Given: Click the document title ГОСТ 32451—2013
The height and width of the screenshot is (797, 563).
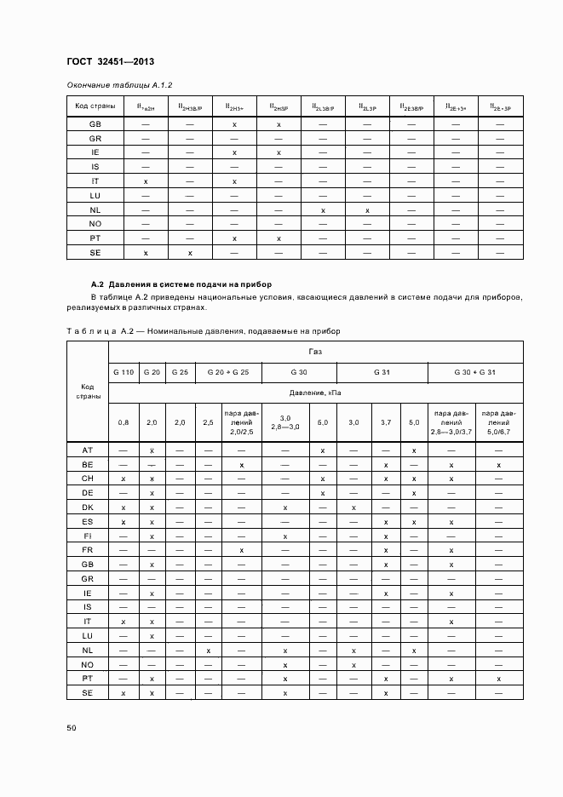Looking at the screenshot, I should click(x=110, y=62).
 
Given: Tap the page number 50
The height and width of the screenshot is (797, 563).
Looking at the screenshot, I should click(x=72, y=728).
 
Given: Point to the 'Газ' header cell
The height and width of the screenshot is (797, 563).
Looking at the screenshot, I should click(x=315, y=351).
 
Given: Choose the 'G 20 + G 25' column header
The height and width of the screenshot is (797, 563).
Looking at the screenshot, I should click(x=227, y=372).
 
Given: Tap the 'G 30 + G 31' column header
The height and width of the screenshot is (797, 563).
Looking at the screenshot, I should click(x=474, y=372).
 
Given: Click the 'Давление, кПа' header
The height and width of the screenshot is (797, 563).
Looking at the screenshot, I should click(x=315, y=393).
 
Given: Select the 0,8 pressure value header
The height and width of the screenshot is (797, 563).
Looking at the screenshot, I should click(x=124, y=421).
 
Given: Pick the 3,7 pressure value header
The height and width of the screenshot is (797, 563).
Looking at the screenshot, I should click(x=386, y=421).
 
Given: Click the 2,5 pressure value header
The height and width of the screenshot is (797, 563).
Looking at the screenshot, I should click(x=208, y=421).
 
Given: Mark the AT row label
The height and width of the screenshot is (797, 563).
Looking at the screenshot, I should click(x=88, y=450).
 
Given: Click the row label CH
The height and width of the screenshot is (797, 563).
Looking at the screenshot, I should click(x=88, y=479).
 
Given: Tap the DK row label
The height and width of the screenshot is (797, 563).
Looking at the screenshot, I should click(x=88, y=507).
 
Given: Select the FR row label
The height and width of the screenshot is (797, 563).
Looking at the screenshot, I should click(x=88, y=550).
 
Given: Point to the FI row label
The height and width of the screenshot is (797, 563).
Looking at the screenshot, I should click(x=88, y=536).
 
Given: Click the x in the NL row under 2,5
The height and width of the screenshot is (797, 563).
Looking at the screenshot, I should click(x=208, y=651).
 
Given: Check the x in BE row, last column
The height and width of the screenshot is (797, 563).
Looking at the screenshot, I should click(x=498, y=464).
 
